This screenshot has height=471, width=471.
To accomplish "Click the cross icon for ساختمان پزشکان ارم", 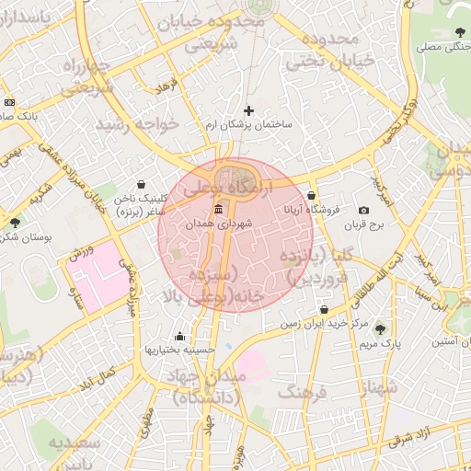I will tap(248, 111).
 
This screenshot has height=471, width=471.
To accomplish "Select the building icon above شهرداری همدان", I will tap(217, 211).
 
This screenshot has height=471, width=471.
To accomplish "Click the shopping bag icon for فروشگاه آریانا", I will tap(312, 195).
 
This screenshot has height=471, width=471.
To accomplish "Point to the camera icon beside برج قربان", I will tap(363, 211).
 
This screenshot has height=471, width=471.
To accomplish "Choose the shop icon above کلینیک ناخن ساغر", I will tap(140, 184).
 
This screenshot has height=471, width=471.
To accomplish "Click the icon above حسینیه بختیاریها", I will tap(178, 336).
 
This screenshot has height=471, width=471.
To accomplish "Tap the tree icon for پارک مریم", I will tap(380, 329).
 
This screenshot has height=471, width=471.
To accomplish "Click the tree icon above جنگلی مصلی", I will tap(458, 33).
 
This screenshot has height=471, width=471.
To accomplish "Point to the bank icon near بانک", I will tap(9, 102).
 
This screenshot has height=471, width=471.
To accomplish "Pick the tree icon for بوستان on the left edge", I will tap(13, 222).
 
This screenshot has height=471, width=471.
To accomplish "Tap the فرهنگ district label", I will tap(307, 393).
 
